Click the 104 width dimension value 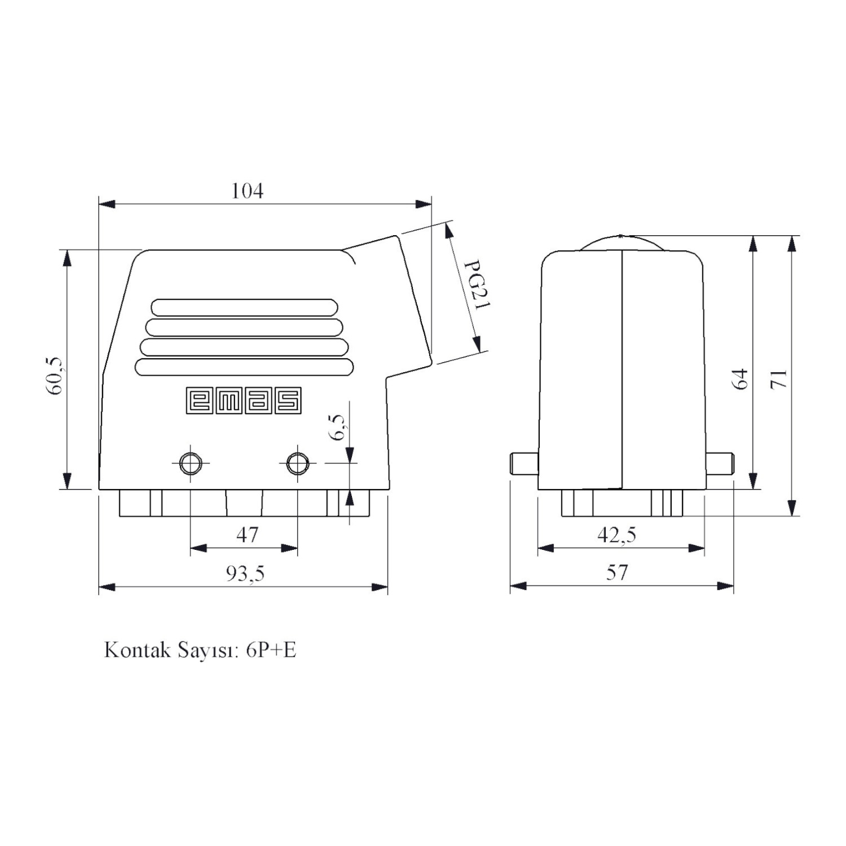(247, 191)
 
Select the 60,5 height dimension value (55, 376)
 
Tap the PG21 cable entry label (477, 285)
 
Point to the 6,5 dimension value (337, 427)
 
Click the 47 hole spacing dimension (247, 534)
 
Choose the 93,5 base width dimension (245, 573)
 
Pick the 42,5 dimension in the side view (616, 534)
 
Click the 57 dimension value (616, 572)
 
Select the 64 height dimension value (740, 378)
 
